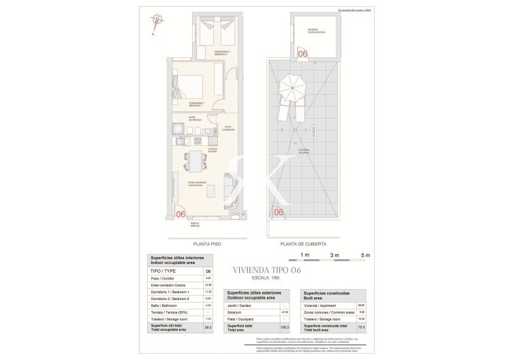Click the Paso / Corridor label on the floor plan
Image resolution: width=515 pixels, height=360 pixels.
[x=230, y=127]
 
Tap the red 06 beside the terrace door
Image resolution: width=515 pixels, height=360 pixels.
[x=181, y=213]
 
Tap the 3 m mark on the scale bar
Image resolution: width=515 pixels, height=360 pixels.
[x=334, y=255]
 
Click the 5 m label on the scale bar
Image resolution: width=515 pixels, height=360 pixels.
[x=366, y=255]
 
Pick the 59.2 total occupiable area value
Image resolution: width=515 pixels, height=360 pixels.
[x=208, y=327]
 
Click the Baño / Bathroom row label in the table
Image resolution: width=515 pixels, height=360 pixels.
[x=164, y=306]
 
